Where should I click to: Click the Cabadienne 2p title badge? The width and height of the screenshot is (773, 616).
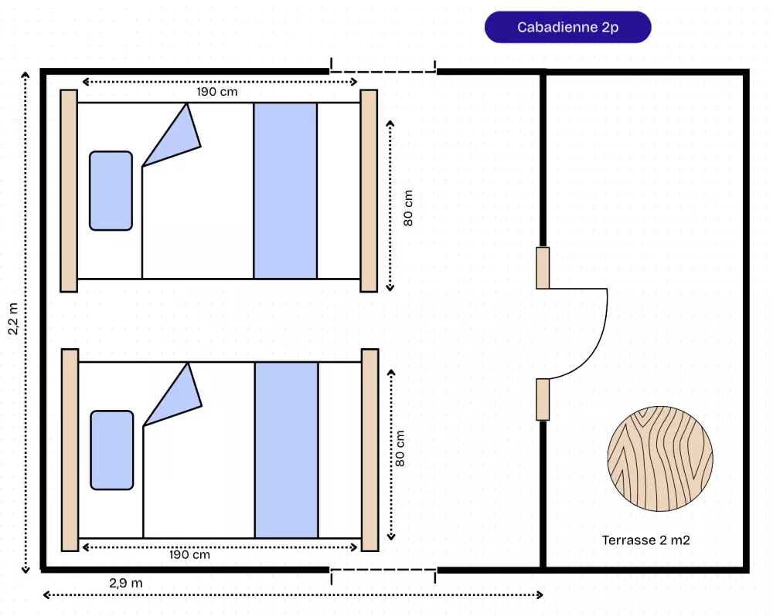567,27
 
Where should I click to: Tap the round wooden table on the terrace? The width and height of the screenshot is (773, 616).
659,459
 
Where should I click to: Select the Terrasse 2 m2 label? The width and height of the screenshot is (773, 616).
645,540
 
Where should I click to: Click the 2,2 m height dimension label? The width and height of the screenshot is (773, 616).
13,319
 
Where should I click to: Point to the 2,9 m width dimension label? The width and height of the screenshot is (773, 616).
126,583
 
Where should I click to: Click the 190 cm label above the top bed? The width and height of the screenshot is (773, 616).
217,92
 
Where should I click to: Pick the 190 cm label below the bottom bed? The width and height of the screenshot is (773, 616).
189,554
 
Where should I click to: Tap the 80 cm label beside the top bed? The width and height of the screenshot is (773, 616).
408,208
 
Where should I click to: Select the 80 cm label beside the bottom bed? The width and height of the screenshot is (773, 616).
400,448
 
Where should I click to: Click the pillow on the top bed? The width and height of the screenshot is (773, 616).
111,191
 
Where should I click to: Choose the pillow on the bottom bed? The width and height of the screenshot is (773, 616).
112,450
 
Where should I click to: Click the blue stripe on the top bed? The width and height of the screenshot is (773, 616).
285,191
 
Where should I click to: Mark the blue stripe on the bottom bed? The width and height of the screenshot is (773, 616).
287,450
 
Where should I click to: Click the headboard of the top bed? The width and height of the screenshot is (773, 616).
69,191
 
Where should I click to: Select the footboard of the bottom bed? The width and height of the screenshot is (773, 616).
369,450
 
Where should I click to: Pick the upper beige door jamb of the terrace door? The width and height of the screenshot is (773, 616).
543,268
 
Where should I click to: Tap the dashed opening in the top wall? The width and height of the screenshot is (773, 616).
383,71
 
